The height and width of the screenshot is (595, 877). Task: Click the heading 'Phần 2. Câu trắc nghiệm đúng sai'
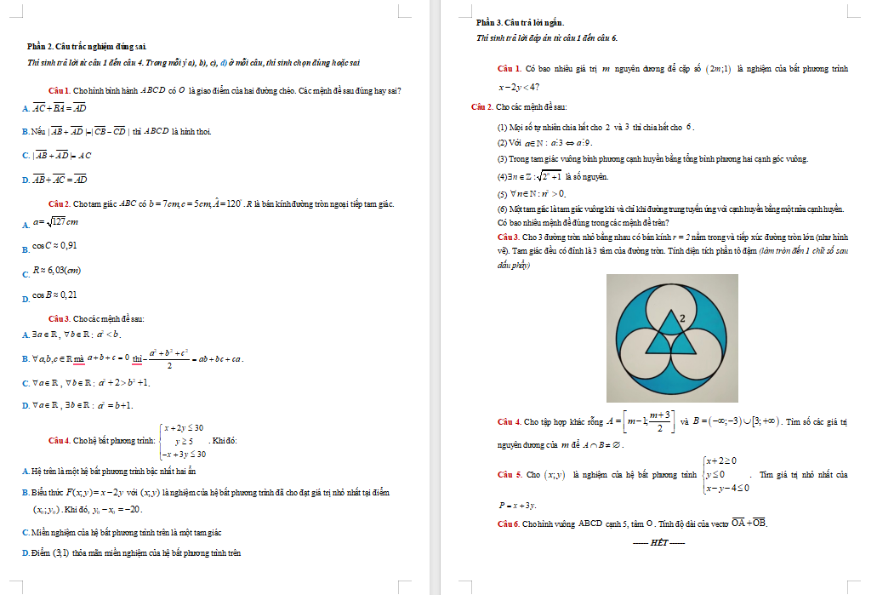click(93, 45)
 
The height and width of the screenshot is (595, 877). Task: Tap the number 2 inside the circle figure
click(682, 318)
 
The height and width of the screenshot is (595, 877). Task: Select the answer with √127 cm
click(56, 222)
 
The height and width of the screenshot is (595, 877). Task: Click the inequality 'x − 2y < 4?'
click(519, 87)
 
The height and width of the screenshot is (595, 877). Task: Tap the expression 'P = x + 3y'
click(517, 506)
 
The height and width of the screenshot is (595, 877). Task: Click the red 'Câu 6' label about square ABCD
click(509, 523)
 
